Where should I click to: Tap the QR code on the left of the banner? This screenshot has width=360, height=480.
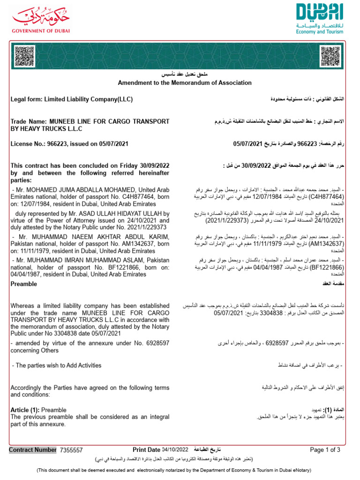click(24, 57)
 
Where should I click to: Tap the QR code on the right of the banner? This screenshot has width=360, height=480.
click(330, 57)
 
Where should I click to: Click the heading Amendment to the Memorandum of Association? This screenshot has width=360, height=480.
click(185, 83)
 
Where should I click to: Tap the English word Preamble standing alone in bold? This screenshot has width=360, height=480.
click(24, 284)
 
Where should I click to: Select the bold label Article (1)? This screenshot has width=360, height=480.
click(25, 410)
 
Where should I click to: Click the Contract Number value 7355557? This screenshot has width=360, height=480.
click(71, 450)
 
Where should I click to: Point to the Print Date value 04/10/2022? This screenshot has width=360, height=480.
click(175, 450)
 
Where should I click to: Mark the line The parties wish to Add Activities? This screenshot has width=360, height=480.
click(56, 366)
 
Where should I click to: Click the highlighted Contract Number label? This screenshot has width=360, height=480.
click(33, 450)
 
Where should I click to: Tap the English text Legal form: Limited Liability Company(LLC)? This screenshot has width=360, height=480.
click(71, 99)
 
